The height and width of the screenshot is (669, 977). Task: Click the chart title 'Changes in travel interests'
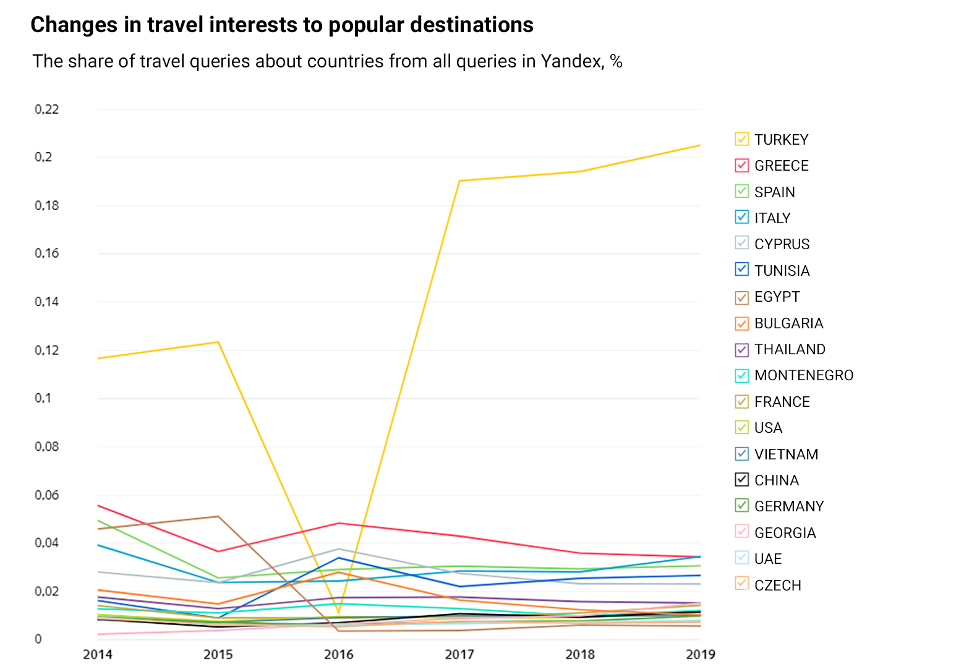[x=281, y=25]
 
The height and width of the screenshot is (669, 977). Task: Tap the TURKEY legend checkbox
[x=741, y=139]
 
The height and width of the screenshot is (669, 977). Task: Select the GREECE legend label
[x=781, y=166]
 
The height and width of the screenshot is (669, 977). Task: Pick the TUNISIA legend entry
[x=782, y=271]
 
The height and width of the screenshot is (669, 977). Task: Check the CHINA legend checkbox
[x=741, y=480]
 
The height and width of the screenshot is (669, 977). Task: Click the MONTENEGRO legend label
[x=803, y=375]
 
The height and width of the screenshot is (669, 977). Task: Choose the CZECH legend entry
[x=777, y=586]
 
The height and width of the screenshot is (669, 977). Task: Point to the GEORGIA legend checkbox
[x=741, y=532]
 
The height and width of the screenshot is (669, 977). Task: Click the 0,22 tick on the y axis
[x=47, y=109]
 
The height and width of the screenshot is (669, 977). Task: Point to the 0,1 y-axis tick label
[x=43, y=398]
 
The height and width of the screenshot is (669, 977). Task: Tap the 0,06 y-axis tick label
[x=47, y=495]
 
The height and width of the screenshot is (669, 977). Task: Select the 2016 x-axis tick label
[x=339, y=654]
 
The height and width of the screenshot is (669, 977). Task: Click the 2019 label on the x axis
[x=701, y=654]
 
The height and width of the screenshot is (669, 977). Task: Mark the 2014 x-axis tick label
[x=98, y=654]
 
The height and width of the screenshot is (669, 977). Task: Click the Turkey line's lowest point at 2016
[x=339, y=613]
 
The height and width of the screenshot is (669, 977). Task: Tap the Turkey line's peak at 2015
[x=218, y=342]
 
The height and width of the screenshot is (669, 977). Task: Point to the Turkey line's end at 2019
[x=700, y=145]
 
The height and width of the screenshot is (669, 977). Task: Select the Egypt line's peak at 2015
[x=218, y=516]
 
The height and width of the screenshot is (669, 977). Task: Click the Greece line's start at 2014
[x=98, y=506]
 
